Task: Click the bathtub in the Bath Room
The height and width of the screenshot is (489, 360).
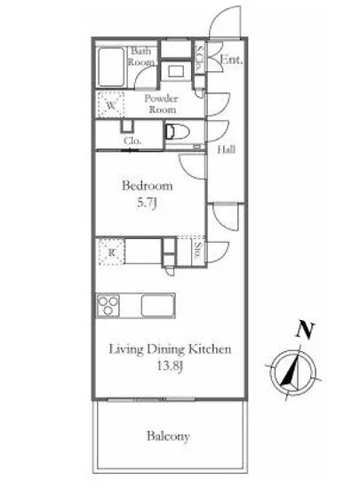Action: (x=112, y=65)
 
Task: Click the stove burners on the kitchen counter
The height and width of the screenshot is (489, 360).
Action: (x=109, y=307)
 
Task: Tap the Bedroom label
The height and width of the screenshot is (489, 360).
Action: (x=146, y=186)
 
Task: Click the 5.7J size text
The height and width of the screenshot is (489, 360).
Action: (x=147, y=204)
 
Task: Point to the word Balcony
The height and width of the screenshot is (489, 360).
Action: (x=169, y=437)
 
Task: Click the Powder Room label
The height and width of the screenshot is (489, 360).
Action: (x=161, y=104)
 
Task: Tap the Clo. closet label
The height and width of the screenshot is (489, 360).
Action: (x=132, y=140)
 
